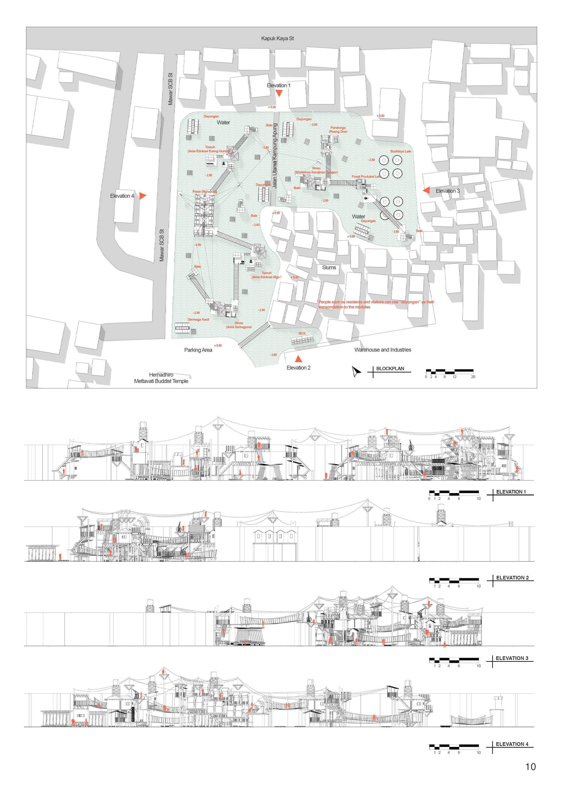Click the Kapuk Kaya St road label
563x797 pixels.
(x=277, y=38)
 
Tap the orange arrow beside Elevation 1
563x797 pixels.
(x=279, y=93)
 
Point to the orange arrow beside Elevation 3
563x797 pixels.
(x=426, y=190)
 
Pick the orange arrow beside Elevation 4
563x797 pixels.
(x=143, y=195)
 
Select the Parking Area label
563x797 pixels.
(x=198, y=350)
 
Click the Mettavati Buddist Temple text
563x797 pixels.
(x=161, y=381)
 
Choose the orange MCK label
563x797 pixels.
(x=302, y=333)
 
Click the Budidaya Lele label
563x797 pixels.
(x=400, y=151)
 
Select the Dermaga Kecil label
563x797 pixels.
(x=198, y=319)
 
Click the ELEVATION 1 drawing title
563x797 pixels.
(x=511, y=492)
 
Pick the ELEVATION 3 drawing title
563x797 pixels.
(x=512, y=658)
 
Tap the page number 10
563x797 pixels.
(x=530, y=767)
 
